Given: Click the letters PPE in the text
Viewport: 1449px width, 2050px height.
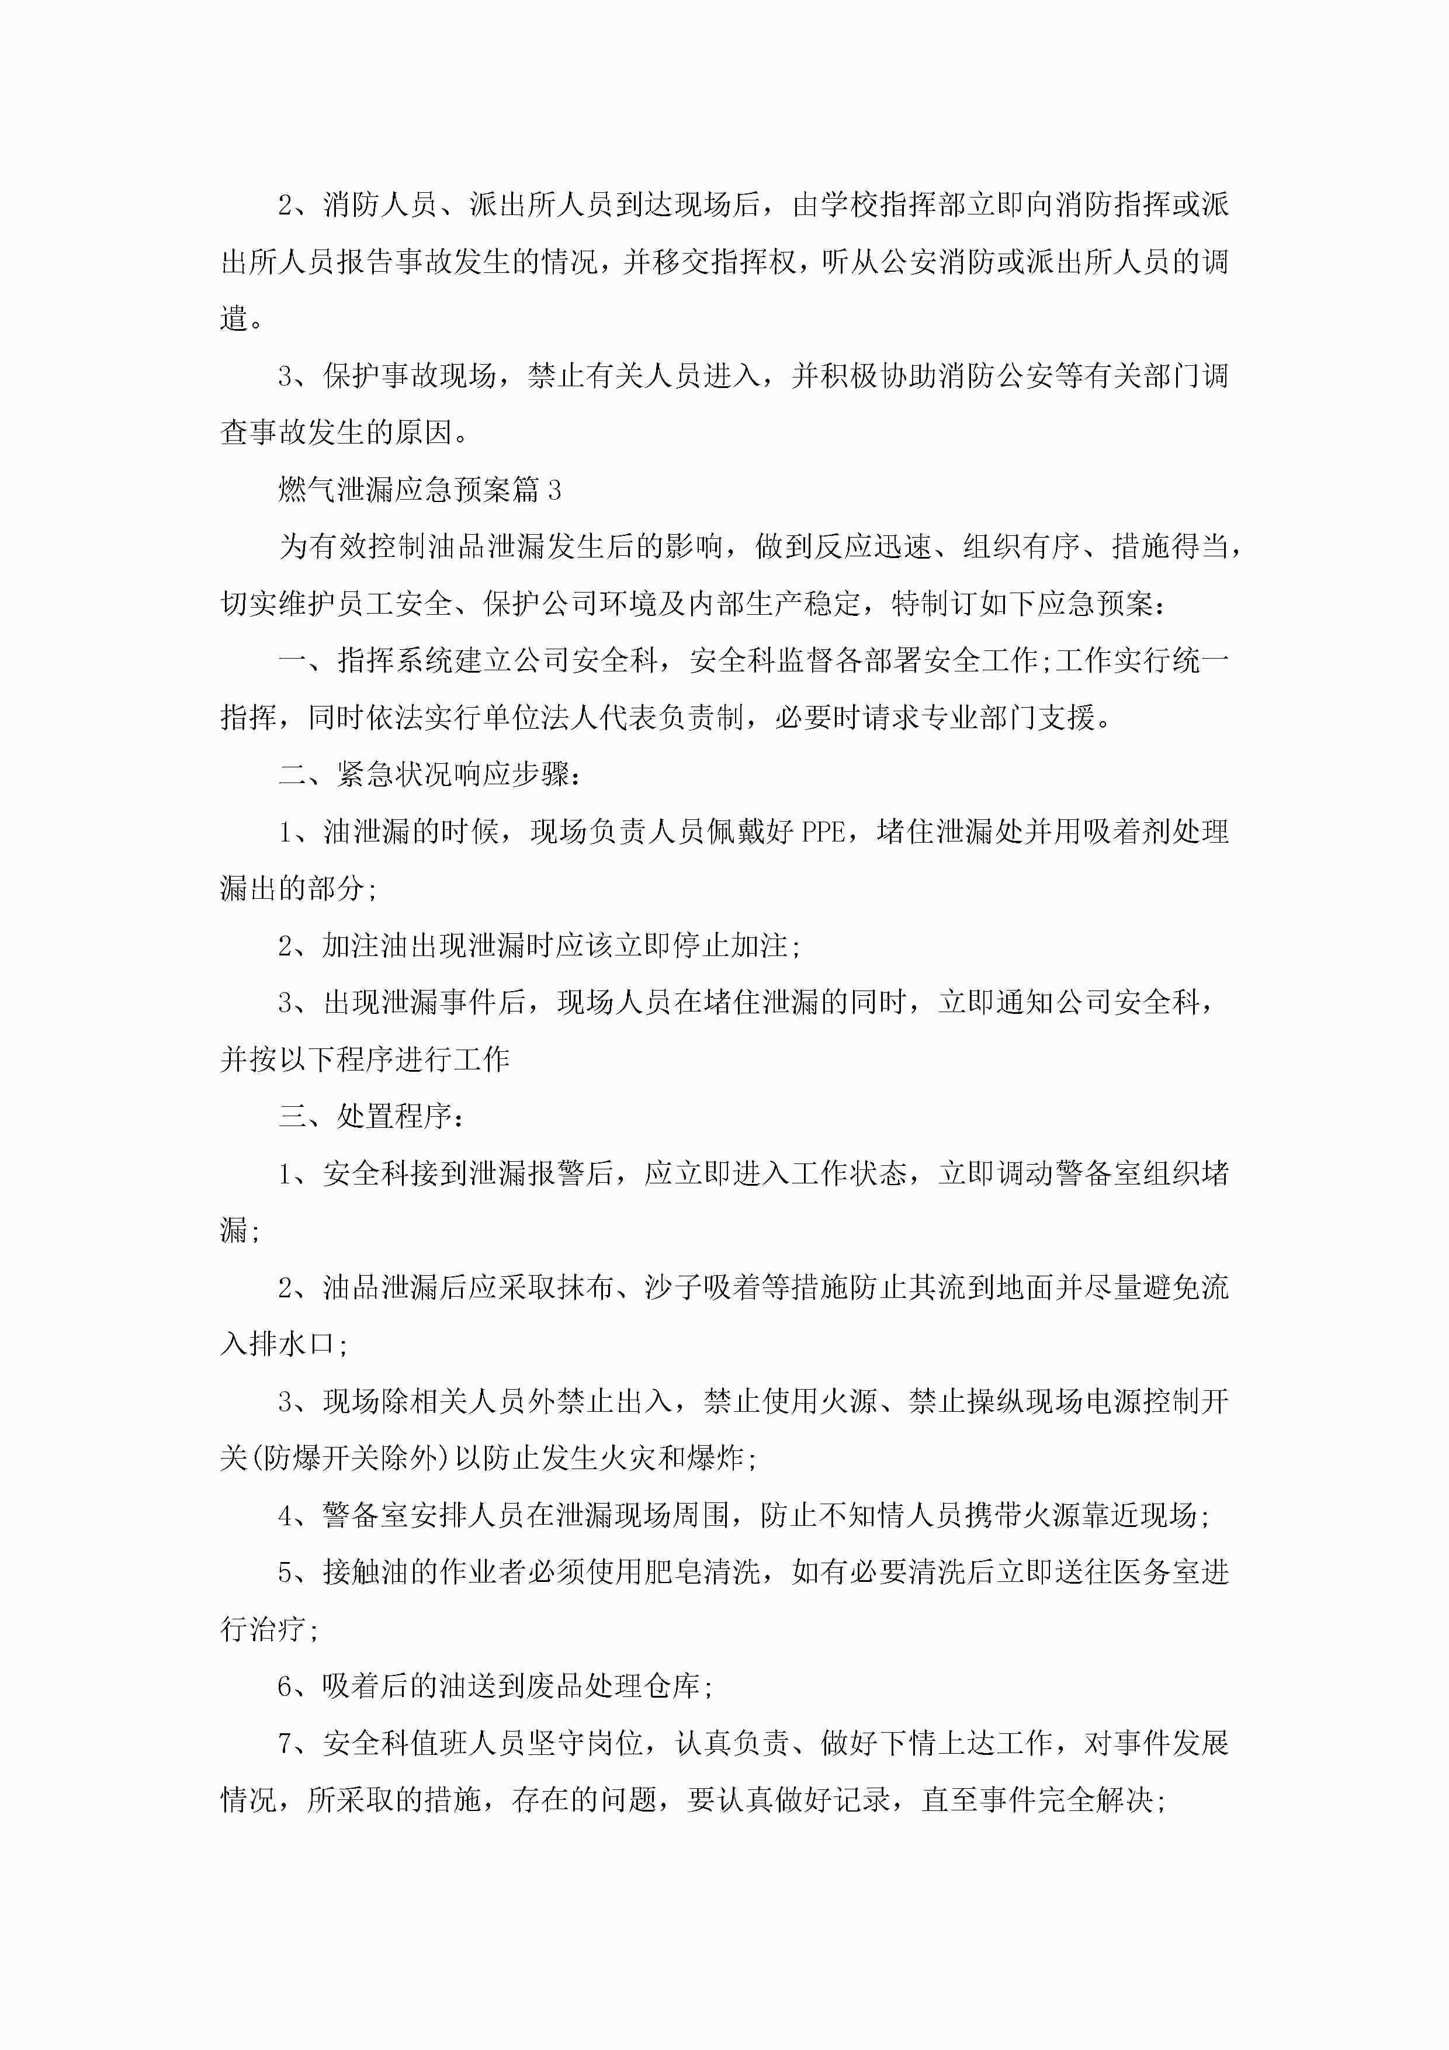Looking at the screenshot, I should pyautogui.click(x=822, y=832).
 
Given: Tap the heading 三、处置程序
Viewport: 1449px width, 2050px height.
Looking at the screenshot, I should pyautogui.click(x=370, y=1117).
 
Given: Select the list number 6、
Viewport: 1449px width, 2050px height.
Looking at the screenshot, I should pyautogui.click(x=292, y=1687).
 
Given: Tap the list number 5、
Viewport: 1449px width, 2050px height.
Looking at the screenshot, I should pyautogui.click(x=292, y=1573).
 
